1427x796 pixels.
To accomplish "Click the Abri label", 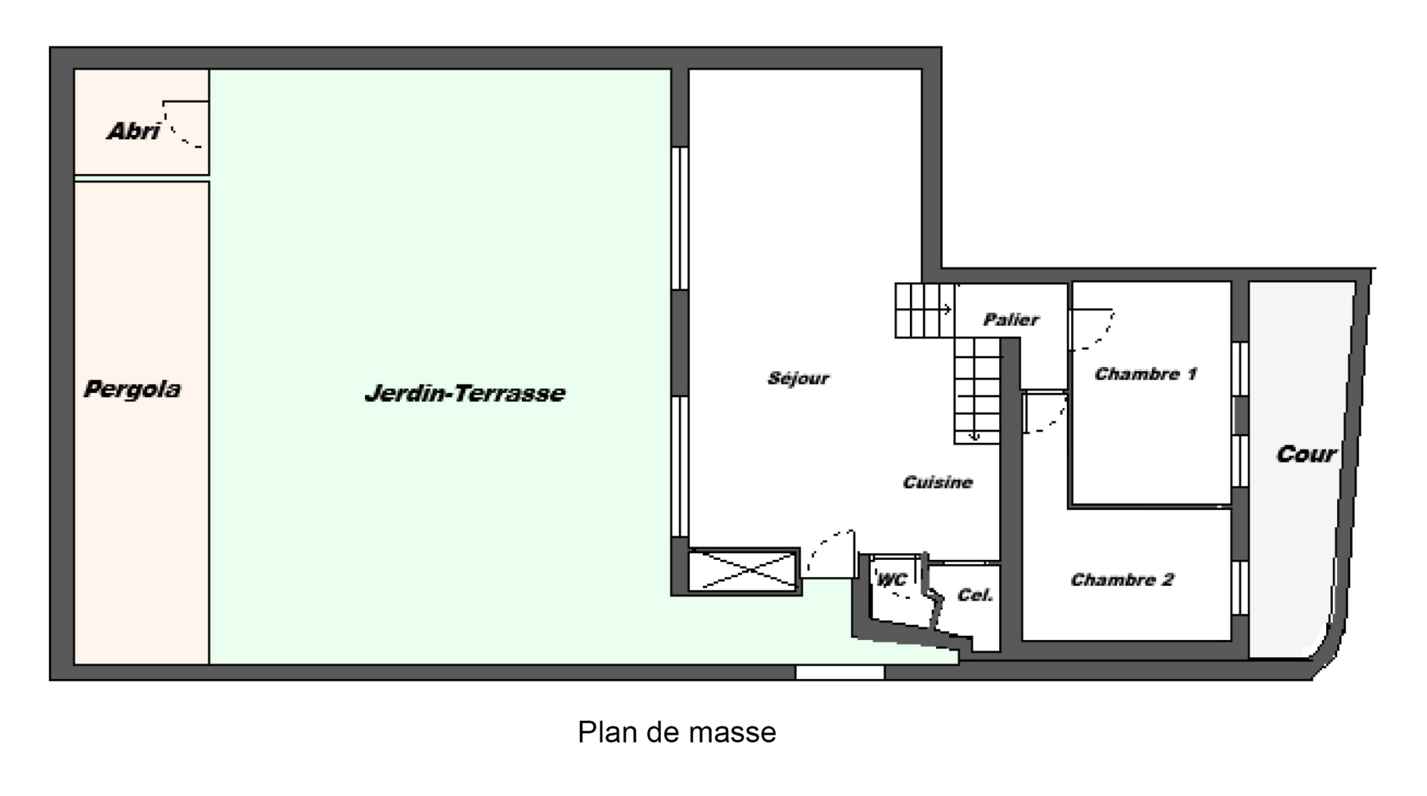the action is (x=133, y=131).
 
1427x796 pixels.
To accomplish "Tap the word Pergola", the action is (x=132, y=389).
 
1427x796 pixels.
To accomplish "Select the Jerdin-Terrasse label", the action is (x=465, y=393).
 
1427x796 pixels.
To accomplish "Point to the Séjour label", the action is (x=799, y=378).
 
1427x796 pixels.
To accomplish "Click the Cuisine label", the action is (x=937, y=482).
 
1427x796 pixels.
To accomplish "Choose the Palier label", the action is (x=1011, y=320).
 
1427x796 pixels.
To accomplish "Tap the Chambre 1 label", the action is (x=1146, y=374).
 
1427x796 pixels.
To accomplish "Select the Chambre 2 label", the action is (x=1122, y=579).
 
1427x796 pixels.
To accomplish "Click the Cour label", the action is (x=1306, y=454).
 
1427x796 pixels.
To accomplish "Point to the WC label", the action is (x=892, y=579).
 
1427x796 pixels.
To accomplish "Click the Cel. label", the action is (x=975, y=595).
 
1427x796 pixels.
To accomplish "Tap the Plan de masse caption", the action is (x=677, y=732).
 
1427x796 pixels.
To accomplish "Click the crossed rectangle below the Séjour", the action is (x=743, y=572).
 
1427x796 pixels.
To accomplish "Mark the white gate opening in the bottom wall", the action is (x=840, y=672).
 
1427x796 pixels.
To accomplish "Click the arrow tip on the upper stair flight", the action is (x=952, y=309).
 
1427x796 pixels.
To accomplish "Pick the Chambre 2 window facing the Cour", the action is (x=1240, y=588).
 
